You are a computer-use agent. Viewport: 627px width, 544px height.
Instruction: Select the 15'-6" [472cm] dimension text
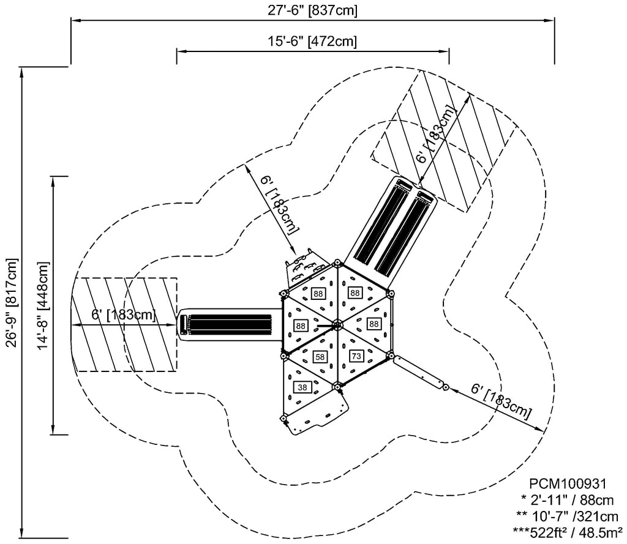[312, 42]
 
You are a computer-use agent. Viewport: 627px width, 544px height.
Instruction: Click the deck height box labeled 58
[319, 356]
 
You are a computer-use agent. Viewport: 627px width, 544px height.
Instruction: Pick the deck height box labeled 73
[356, 355]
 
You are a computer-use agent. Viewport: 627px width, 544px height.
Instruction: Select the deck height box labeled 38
[302, 387]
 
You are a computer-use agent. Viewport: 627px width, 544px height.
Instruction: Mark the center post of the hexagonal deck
[336, 324]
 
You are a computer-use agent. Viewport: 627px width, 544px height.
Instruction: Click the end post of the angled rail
[446, 388]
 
